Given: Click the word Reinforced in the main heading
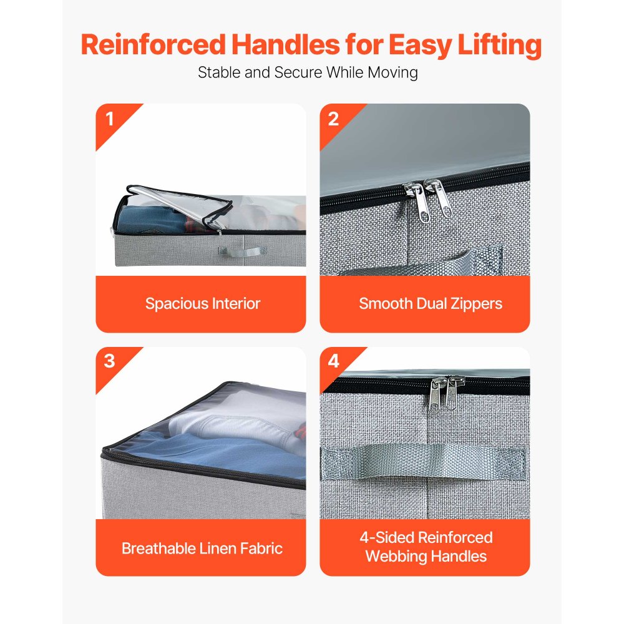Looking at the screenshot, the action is tap(154, 44).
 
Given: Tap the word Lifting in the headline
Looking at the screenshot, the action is tap(499, 46).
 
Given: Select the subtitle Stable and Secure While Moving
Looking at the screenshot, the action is tap(308, 73).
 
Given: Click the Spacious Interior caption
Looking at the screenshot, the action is tap(203, 304).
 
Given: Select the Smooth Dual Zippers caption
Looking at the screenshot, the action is tap(431, 304).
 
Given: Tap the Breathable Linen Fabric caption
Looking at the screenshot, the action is tap(202, 548).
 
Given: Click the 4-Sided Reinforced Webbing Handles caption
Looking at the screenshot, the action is tap(426, 547).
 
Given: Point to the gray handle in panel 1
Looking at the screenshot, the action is tap(243, 252).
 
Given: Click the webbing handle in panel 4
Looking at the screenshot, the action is tap(423, 462).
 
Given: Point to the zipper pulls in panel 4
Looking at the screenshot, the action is tap(447, 394).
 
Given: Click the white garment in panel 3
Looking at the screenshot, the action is tap(239, 424).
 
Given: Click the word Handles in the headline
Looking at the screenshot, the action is tap(285, 44).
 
